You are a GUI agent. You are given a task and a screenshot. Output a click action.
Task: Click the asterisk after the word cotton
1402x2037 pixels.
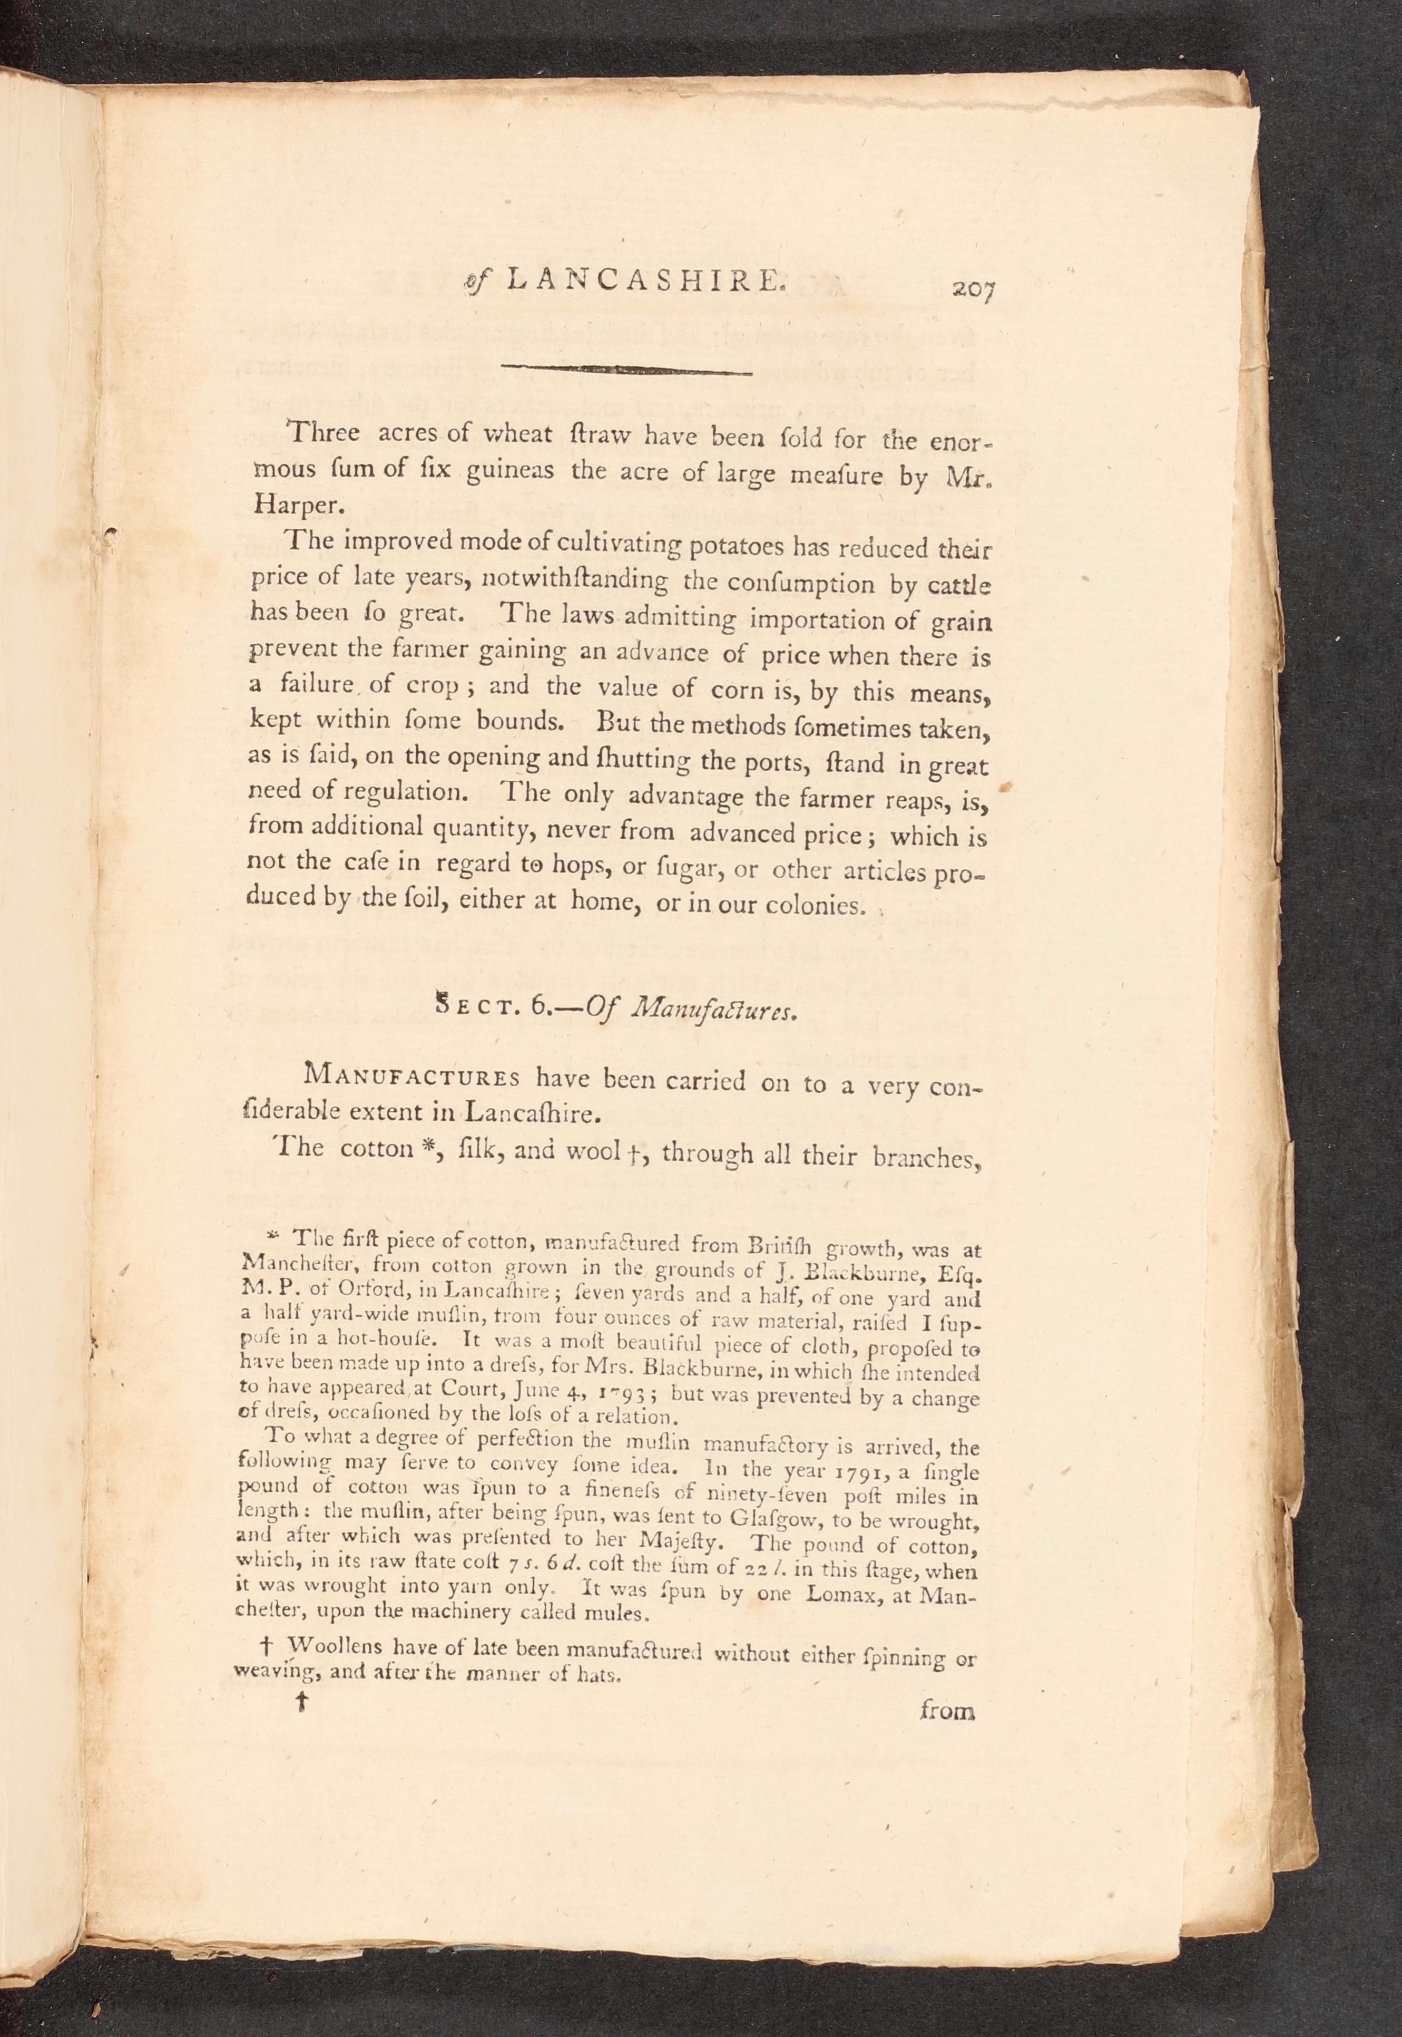421,1148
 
